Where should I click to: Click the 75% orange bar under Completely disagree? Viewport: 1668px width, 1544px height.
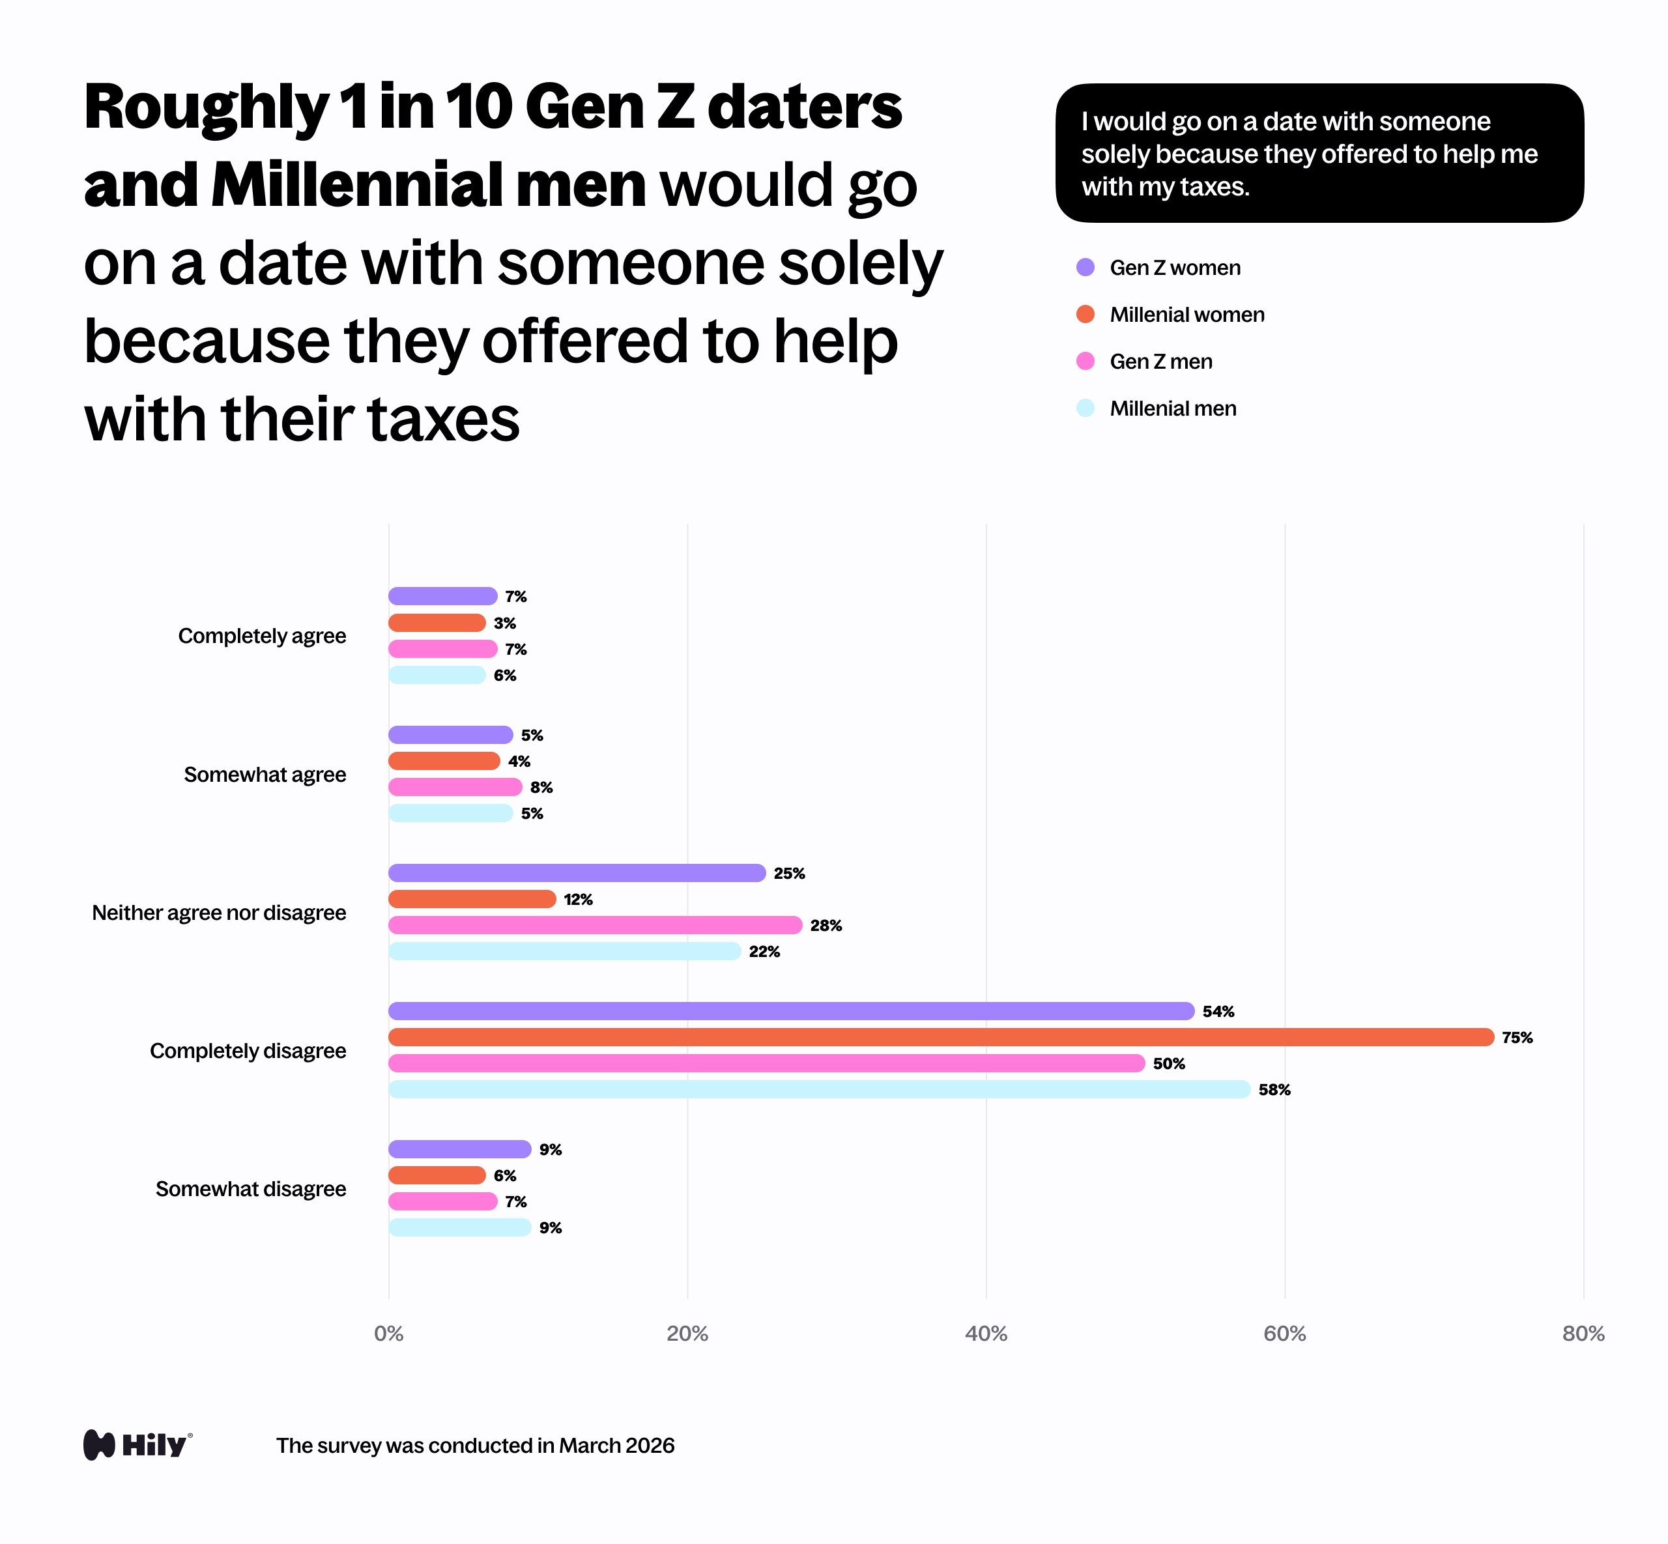[x=940, y=1037]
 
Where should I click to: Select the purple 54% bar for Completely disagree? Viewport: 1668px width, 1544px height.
[x=790, y=1011]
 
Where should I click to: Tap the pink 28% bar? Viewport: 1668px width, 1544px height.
[x=595, y=925]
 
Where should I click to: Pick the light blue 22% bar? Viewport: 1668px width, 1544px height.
[x=564, y=951]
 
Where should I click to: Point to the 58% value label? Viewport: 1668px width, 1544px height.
[x=1274, y=1089]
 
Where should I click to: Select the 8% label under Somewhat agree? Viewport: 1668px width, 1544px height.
[x=541, y=787]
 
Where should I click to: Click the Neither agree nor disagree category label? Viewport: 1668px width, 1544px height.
[x=219, y=912]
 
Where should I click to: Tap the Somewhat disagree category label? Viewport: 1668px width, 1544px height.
[x=251, y=1188]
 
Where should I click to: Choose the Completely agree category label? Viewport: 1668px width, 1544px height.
[x=261, y=636]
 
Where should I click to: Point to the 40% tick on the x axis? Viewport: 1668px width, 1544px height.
[x=985, y=1334]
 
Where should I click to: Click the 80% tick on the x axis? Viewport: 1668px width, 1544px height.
[x=1583, y=1334]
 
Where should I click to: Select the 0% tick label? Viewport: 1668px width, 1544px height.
[x=388, y=1334]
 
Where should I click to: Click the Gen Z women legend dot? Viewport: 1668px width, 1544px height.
[x=1085, y=267]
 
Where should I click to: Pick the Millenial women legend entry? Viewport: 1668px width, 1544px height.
[x=1186, y=315]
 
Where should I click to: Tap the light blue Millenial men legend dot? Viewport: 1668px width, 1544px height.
[x=1085, y=408]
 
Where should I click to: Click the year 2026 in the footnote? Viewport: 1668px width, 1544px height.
[x=648, y=1446]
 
